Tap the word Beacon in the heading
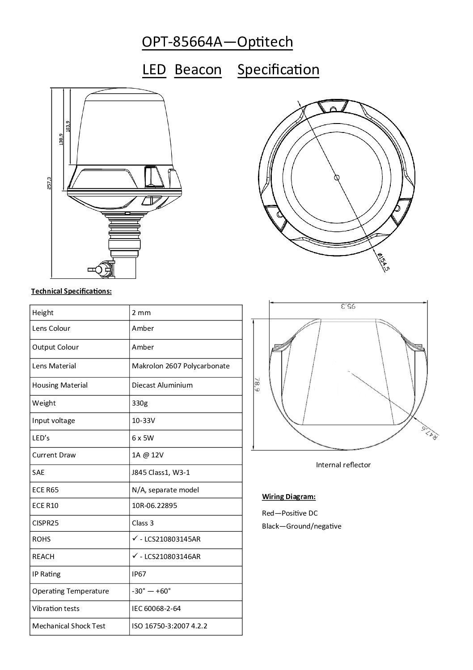click(x=198, y=70)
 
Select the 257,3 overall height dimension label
click(x=49, y=183)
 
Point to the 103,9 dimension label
click(x=68, y=126)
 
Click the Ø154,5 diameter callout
click(x=384, y=262)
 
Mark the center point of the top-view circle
click(x=337, y=178)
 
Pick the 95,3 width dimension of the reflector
click(x=347, y=307)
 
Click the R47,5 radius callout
click(x=430, y=433)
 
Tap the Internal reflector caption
click(x=343, y=465)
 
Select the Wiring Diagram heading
click(x=288, y=496)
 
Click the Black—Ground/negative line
click(x=301, y=526)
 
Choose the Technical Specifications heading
click(x=71, y=291)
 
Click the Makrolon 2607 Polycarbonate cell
click(x=181, y=366)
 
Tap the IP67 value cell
click(x=139, y=574)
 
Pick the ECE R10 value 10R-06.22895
click(x=154, y=506)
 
